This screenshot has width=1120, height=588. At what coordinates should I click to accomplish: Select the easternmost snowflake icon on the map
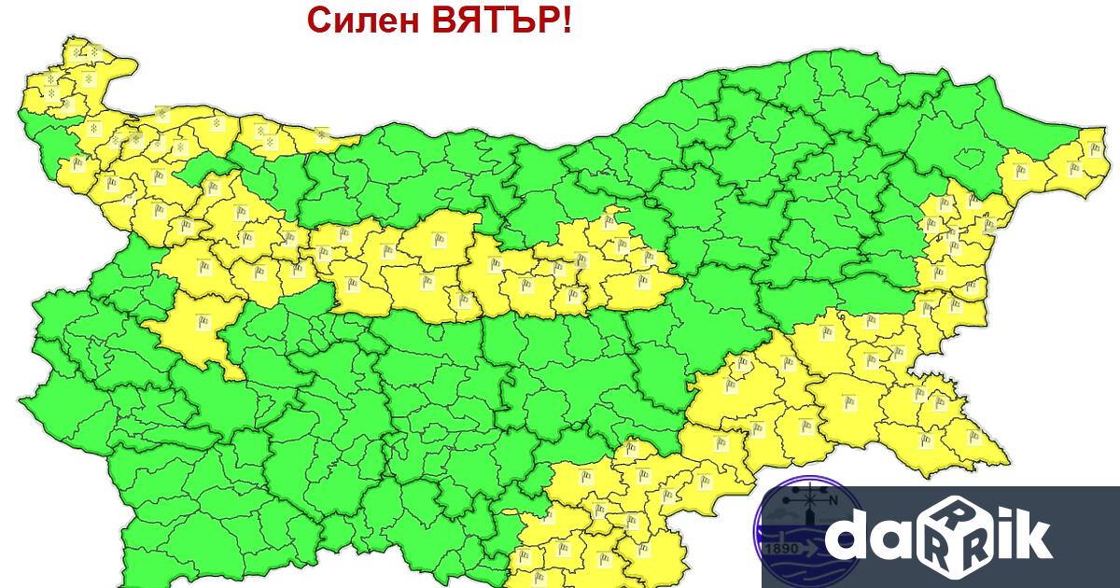[x=322, y=134]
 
